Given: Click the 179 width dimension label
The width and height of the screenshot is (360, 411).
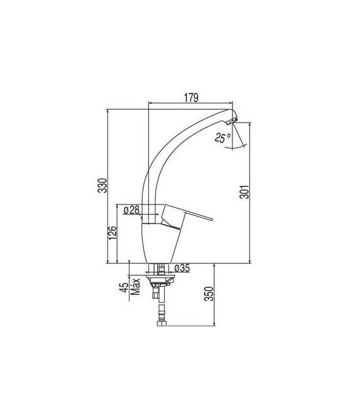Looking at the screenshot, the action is coord(191,97).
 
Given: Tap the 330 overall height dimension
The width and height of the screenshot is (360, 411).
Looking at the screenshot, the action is coord(102,186).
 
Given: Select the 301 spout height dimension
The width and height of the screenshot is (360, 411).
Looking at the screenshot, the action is coord(244,191).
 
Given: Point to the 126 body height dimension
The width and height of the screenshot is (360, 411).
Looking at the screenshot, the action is coord(112,232).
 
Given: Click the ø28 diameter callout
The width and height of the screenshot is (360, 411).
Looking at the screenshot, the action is coord(131,210).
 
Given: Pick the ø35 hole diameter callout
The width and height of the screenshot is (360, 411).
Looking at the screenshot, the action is coord(182,268).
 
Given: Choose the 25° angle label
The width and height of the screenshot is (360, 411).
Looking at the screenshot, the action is coord(222,138).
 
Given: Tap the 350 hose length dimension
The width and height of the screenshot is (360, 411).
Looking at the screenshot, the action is coord(209,294).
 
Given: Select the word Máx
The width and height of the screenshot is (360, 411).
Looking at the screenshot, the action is coord(135,287).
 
